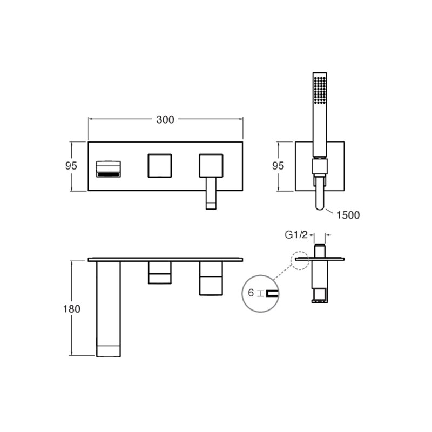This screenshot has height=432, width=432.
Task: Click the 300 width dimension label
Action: [165, 119]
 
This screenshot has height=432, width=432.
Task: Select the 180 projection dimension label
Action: [72, 309]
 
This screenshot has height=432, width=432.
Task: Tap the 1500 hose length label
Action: [348, 215]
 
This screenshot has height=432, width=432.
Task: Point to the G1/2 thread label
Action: [296, 235]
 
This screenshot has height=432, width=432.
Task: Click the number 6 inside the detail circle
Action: [251, 293]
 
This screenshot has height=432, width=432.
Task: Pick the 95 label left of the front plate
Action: [71, 166]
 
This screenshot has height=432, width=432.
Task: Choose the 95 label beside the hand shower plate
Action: [278, 166]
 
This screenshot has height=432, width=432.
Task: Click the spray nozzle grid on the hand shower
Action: [320, 90]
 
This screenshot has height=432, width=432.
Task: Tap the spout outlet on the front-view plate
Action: [109, 169]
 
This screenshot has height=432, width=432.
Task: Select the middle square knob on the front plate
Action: [160, 166]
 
